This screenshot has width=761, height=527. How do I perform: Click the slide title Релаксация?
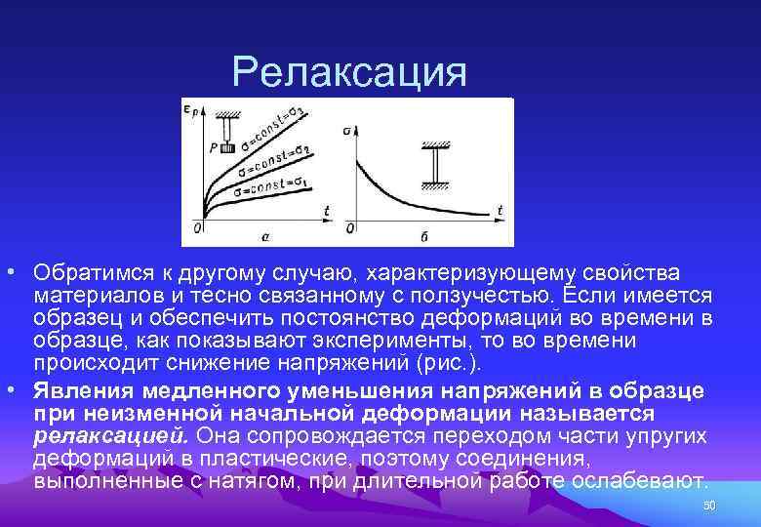(350, 70)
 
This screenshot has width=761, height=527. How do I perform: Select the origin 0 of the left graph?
(198, 227)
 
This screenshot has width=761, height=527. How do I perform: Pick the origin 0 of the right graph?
(350, 227)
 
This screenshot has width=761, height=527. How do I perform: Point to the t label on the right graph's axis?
(499, 209)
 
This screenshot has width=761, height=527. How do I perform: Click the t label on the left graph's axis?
(325, 209)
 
